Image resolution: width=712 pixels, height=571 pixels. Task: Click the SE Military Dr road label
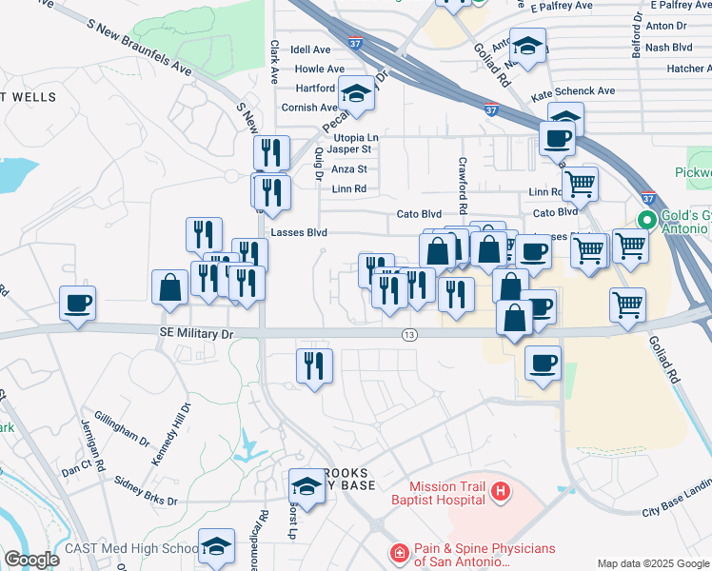(194, 334)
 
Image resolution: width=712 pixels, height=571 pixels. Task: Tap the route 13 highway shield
(409, 334)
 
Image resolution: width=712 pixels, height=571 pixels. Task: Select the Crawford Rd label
(463, 185)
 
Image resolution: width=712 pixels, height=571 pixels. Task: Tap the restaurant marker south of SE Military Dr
(314, 366)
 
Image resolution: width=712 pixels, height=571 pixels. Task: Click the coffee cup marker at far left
(77, 304)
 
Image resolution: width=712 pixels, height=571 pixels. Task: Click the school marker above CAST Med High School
(216, 547)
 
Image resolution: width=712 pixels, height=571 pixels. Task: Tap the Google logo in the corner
(31, 560)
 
